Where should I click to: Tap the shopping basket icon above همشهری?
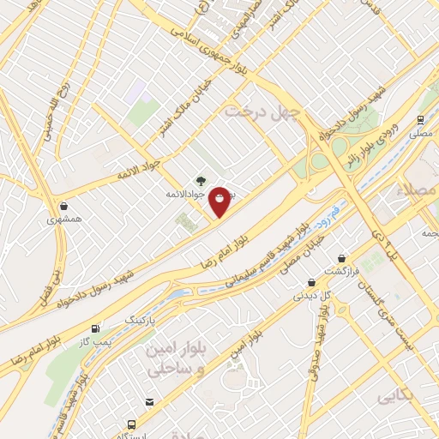pos(65,206)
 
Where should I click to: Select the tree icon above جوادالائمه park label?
pos(201,181)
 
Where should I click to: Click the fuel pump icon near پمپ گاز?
pos(94,328)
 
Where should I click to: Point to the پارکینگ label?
pos(142,319)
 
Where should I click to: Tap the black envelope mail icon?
pos(149,402)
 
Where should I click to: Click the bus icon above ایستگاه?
pos(130,424)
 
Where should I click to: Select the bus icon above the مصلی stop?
pos(420,120)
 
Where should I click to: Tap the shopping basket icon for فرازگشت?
pos(342,257)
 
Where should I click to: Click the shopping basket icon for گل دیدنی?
pos(311,282)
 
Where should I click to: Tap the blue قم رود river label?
pos(328,214)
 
